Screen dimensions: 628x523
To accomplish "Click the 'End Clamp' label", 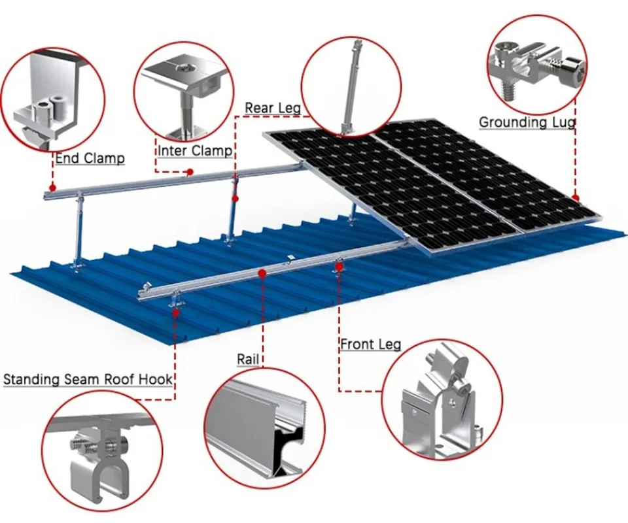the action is (90, 158).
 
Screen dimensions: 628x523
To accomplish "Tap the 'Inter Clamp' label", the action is (195, 151).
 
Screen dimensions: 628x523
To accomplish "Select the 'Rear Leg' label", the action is (272, 109).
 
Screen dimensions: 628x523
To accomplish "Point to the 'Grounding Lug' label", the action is (527, 122).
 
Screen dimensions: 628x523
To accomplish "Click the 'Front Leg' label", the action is (370, 344).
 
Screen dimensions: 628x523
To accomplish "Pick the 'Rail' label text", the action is (248, 359).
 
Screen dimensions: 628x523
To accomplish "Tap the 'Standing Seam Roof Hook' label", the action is (88, 379).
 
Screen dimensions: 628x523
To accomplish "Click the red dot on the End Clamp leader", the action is (52, 187).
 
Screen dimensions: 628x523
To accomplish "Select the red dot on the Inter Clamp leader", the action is (190, 172).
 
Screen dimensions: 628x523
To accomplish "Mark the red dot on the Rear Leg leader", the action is (235, 199).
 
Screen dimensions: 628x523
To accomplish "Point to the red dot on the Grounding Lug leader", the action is (576, 198).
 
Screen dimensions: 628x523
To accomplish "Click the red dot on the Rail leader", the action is (262, 274).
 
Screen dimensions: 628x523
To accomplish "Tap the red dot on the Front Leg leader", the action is (340, 265).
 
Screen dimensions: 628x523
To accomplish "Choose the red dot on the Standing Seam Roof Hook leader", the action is (175, 312).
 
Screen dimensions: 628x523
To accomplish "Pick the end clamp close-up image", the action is (52, 100).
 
